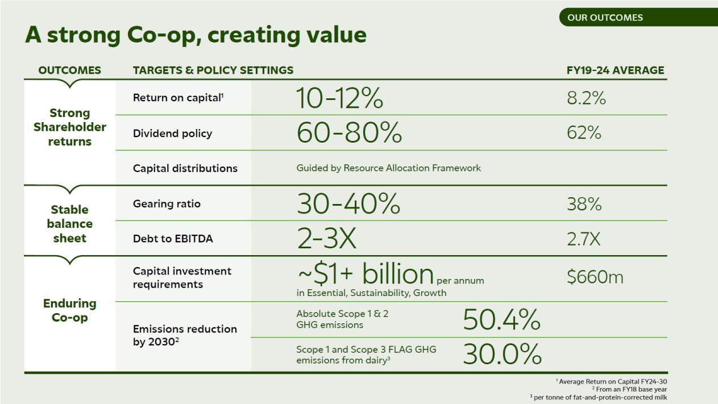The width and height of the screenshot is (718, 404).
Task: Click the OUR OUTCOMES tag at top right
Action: coord(605,18)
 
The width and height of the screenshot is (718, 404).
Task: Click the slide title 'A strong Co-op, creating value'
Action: coord(196,35)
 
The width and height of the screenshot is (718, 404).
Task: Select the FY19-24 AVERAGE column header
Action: coord(616,70)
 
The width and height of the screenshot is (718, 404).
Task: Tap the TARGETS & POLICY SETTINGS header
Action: coord(213,70)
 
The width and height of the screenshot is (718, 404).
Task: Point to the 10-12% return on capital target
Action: coord(339,98)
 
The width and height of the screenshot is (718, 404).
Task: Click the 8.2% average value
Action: coord(586,98)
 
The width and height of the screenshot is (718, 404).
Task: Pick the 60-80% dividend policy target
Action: coord(349,133)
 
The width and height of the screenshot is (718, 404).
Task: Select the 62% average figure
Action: coord(584,133)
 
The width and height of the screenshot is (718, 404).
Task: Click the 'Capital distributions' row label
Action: coord(185,168)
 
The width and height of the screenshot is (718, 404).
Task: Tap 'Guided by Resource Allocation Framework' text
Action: coord(388,168)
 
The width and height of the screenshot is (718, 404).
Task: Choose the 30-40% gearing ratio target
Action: coord(348,203)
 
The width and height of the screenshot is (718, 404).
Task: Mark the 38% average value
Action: coord(584,204)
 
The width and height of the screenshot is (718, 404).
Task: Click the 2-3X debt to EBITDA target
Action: coord(326,239)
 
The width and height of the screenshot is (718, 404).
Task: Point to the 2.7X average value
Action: coord(583,239)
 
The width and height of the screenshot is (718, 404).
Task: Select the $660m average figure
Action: coord(595,277)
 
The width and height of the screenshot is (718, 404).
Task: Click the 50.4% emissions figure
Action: coord(501,320)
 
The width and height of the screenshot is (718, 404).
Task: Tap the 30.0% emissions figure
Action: coord(502,355)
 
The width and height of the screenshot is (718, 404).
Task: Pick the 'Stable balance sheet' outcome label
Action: coord(69,224)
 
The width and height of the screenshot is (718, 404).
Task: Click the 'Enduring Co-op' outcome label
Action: coord(69,310)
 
